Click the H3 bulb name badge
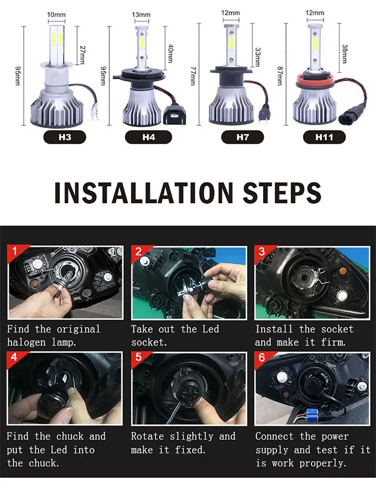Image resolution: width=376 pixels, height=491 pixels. coord(65,137)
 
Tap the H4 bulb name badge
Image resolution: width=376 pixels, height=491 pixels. coord(148,137)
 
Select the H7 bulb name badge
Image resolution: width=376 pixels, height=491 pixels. coord(242,137)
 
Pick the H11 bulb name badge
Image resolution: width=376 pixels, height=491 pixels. coord(324,137)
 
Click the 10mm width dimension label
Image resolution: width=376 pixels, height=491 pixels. coord(56,15)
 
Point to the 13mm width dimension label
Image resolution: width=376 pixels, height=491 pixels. coord(141,15)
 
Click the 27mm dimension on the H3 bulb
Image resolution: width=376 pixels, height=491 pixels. coord(83,55)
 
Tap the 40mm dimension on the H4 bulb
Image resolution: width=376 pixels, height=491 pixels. coord(170,53)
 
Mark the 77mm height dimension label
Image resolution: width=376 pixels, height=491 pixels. coord(193,76)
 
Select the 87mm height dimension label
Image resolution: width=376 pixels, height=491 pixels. coord(280,76)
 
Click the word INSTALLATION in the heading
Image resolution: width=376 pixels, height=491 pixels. coord(144,193)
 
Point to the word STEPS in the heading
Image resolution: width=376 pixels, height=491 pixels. coord(282,193)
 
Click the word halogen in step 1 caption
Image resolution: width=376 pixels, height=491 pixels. coord(26,342)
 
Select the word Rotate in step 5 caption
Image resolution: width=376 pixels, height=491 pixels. coord(147,436)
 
